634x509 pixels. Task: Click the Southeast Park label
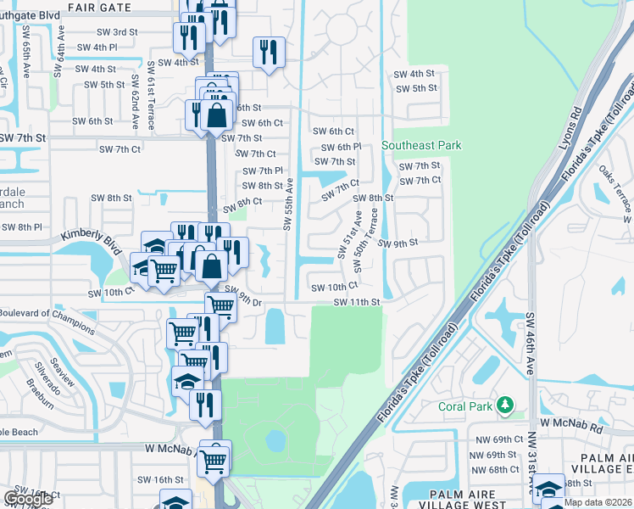[421, 145]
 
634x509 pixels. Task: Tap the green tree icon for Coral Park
[506, 406]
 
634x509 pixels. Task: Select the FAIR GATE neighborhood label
[101, 8]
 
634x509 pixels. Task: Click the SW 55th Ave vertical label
[287, 204]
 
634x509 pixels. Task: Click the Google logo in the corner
[29, 499]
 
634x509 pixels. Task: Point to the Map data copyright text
[597, 502]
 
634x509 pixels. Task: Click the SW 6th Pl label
[336, 147]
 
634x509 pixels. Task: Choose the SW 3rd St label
[117, 32]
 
